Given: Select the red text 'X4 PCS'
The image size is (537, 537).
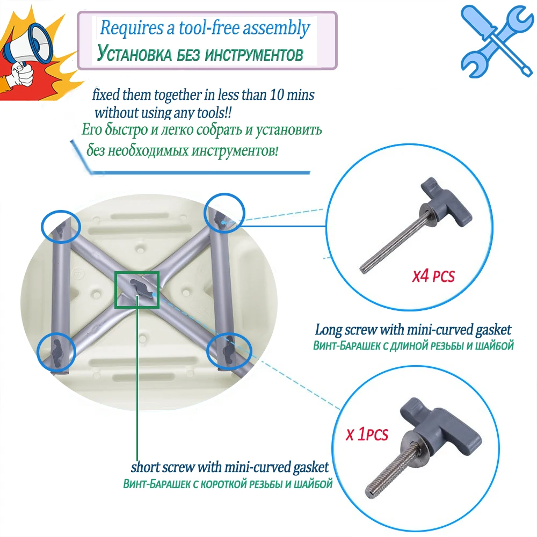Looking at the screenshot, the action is coord(433,277).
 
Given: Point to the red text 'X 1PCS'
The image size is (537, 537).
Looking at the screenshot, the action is coord(367,433).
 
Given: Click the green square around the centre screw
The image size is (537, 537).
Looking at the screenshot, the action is coord(137,289).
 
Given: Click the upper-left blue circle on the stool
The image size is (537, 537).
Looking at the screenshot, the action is coord(61,227).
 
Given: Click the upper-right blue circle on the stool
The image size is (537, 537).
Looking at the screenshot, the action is coord(224,214).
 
